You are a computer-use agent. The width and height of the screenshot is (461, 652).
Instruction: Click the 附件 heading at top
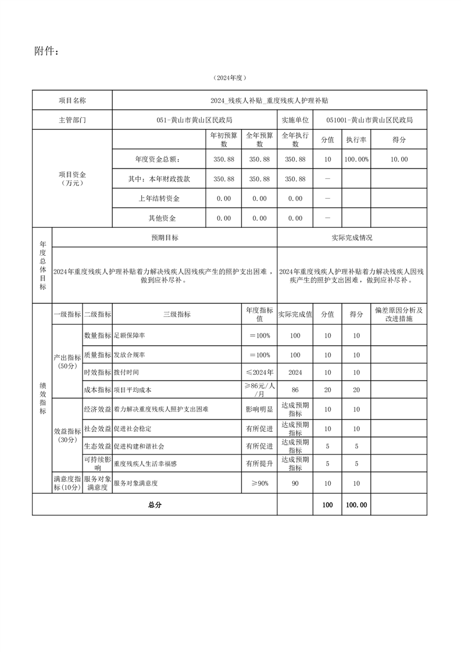point(46,52)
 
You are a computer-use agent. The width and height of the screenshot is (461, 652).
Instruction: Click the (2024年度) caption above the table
point(230,78)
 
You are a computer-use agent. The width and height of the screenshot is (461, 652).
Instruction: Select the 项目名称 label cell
point(72,101)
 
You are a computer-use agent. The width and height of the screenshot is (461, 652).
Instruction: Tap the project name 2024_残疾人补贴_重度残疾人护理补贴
point(270,101)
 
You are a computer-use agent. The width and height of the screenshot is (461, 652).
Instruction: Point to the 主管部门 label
point(72,120)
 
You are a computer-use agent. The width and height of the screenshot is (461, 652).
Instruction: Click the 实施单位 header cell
point(295,120)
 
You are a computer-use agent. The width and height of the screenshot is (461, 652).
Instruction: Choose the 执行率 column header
point(356,140)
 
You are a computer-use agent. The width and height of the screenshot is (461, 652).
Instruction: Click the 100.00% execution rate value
point(356,159)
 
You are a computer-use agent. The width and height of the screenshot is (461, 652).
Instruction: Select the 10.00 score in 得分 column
point(399,159)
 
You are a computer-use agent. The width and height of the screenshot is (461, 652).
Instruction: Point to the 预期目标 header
point(165,238)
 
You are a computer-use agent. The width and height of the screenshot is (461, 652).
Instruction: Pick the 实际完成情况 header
point(352,238)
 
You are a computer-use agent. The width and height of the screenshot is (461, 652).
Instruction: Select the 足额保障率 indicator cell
point(129,336)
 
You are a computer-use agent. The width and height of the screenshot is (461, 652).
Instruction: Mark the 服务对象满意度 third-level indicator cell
point(135,483)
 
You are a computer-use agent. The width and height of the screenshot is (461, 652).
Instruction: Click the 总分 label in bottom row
point(155,505)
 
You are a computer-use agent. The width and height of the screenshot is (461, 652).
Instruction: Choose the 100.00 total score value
point(356,505)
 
